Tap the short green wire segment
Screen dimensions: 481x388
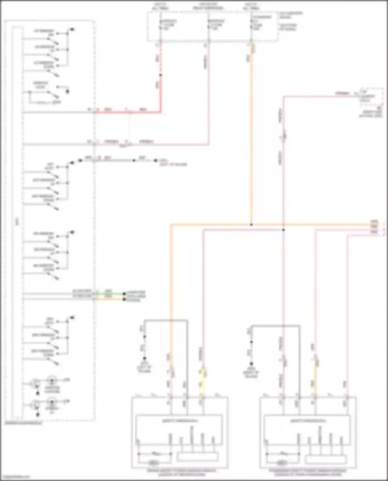(109, 294)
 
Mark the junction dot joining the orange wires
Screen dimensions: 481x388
(251, 225)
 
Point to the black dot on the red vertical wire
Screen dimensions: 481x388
(160, 75)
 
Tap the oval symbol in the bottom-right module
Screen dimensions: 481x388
(282, 463)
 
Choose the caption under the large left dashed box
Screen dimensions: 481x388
(23, 423)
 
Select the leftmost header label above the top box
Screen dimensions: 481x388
(160, 6)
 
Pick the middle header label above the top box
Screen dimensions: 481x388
(208, 6)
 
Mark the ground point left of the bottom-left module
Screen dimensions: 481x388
(144, 359)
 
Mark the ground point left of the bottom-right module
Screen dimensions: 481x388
(251, 364)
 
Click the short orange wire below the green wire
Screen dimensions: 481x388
(109, 299)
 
